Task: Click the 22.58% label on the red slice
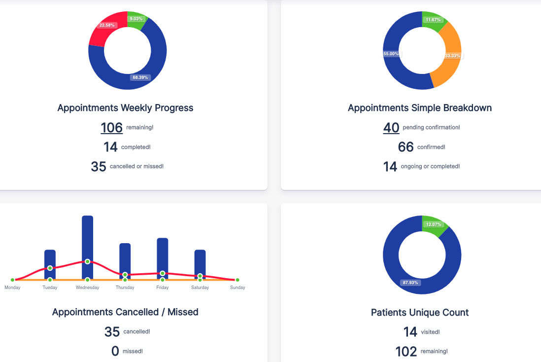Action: tap(107, 25)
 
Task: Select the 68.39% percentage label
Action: tap(140, 77)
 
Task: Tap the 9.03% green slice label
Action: tap(135, 19)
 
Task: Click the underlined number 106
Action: tap(111, 128)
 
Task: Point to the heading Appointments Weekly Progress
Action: tap(125, 108)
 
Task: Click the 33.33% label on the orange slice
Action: tap(453, 56)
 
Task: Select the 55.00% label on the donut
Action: tap(392, 54)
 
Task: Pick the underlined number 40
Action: tap(391, 128)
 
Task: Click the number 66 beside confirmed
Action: tap(406, 147)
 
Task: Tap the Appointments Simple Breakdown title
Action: tap(419, 108)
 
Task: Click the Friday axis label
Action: tap(163, 288)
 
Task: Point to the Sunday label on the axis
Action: tap(237, 288)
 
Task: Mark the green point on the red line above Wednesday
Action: tap(87, 261)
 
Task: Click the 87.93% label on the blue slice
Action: tap(410, 283)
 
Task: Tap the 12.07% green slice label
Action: tap(434, 224)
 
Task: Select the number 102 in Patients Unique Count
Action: tap(406, 352)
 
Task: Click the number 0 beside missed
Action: tap(115, 351)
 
